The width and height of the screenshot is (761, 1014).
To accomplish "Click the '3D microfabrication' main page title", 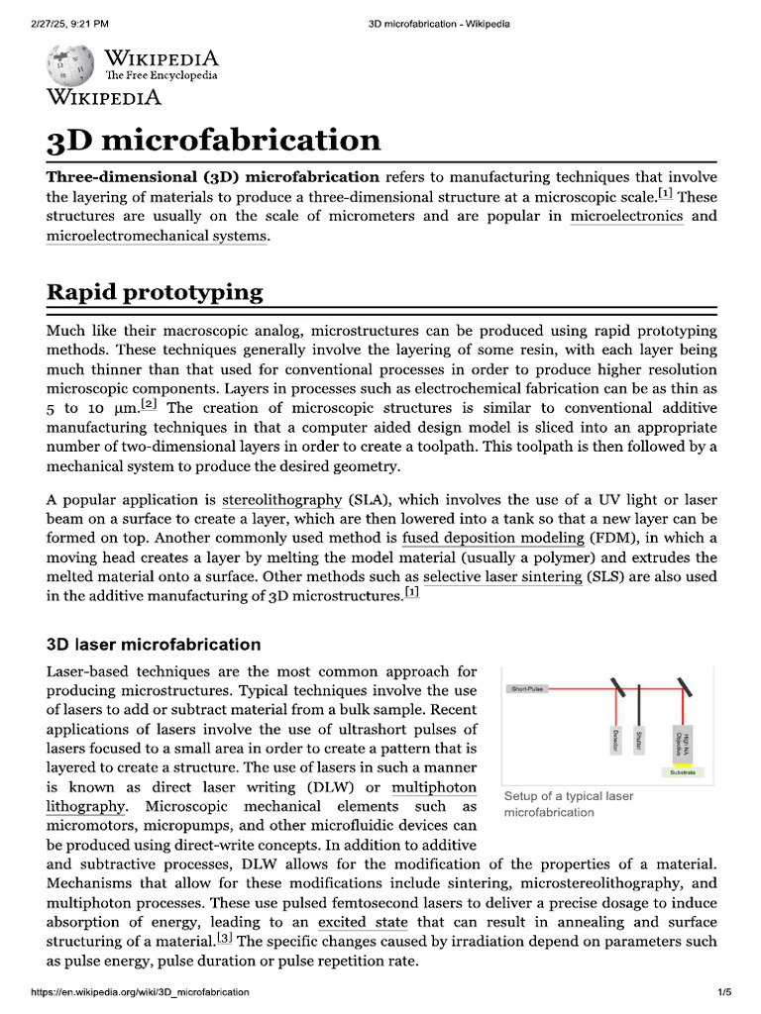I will click(213, 140).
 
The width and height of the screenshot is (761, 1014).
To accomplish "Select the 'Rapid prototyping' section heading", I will click(155, 292).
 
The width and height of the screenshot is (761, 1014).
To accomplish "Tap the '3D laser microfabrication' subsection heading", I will click(154, 645).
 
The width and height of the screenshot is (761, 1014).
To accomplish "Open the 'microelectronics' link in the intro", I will click(626, 216).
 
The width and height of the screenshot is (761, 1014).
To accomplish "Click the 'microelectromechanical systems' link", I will click(157, 236).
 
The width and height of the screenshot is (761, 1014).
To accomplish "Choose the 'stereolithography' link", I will click(280, 499).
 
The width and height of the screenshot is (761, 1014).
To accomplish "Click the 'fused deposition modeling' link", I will click(492, 538).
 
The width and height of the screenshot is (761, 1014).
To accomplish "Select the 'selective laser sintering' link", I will click(501, 576).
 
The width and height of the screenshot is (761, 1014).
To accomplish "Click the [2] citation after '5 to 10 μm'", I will click(149, 404).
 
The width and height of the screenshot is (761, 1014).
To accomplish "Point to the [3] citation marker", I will click(225, 937).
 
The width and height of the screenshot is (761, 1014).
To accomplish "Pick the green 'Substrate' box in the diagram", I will click(684, 771).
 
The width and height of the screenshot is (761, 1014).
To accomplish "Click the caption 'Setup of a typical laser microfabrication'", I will click(568, 804).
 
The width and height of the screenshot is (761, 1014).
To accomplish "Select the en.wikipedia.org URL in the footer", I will click(140, 991).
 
